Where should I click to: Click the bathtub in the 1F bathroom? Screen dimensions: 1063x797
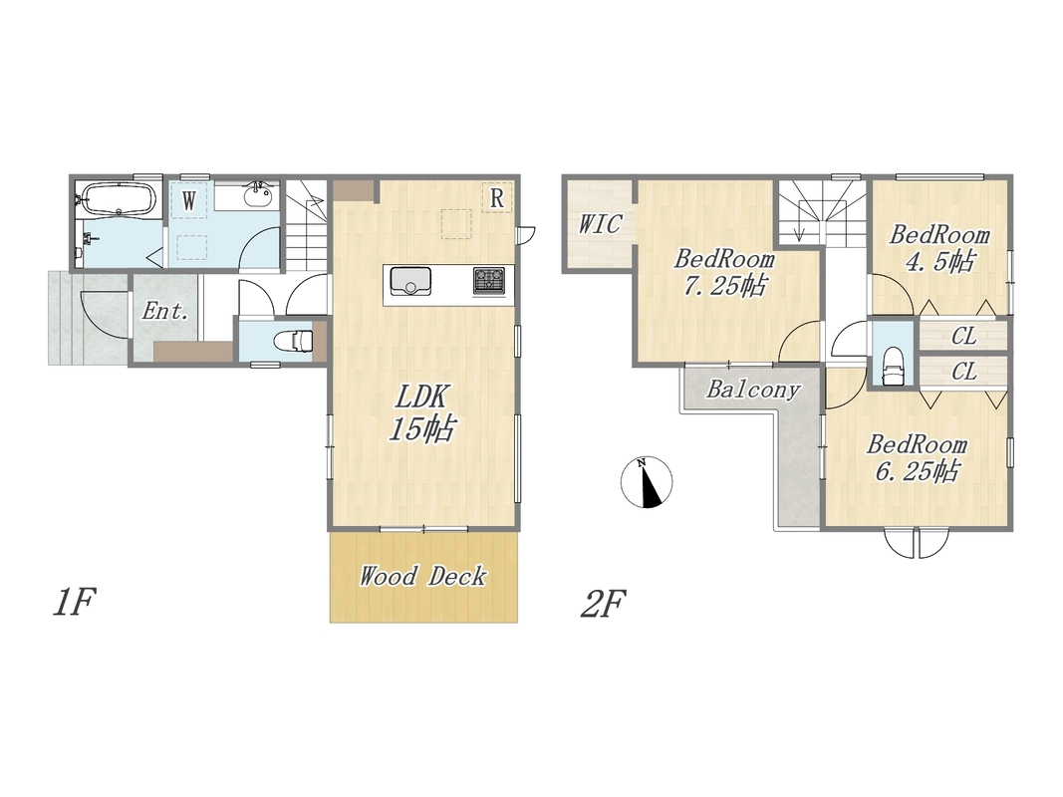coord(119,198)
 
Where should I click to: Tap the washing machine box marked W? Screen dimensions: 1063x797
coord(189,200)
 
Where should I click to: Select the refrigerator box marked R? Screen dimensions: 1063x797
coord(497,198)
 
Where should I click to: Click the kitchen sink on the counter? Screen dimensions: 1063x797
coord(409,281)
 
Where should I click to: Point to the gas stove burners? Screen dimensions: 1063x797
coord(489,281)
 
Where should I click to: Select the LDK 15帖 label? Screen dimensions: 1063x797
coord(421,412)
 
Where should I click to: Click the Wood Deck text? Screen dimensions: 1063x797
coord(422,576)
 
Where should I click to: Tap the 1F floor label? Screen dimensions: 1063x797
coord(74,603)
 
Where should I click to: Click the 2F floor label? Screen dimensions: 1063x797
coord(603,604)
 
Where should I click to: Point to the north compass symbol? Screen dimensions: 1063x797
coord(647,482)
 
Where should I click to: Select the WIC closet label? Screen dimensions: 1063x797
coord(600,223)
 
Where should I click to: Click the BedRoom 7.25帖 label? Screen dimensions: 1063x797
coord(724,272)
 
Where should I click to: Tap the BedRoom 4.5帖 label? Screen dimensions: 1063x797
coord(938,247)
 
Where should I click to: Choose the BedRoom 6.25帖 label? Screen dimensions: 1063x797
coord(917,457)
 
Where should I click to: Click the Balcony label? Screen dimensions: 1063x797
coord(753,389)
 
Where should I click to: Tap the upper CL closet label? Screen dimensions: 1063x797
coord(963,336)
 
